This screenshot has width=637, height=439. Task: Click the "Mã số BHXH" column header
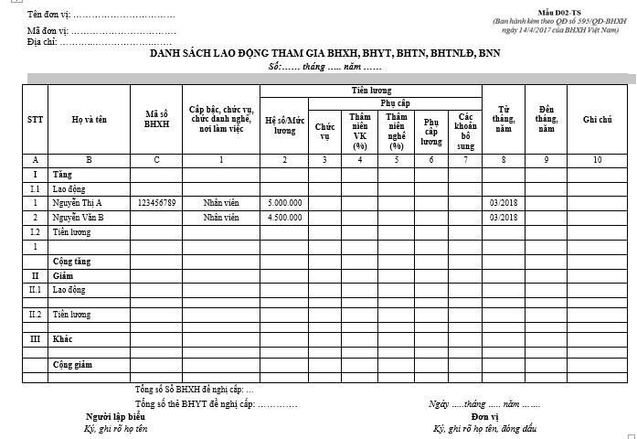tap(156, 120)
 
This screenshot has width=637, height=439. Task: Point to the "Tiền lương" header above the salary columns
tap(370, 91)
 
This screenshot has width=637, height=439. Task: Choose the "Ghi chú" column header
tap(597, 120)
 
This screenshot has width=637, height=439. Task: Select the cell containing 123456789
tap(156, 202)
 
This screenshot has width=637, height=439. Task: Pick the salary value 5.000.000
tap(284, 202)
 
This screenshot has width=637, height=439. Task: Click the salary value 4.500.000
tap(284, 218)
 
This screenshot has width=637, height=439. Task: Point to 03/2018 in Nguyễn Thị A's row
tap(503, 202)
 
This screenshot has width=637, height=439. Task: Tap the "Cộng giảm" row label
tap(71, 364)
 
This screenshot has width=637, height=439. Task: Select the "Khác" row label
tap(63, 339)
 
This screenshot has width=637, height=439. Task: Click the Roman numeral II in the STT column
tap(35, 275)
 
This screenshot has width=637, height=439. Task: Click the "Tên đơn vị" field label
tap(49, 16)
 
